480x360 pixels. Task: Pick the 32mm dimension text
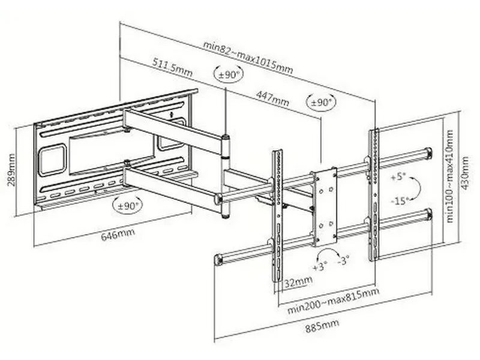click(298, 281)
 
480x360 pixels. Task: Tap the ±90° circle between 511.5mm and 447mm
click(228, 74)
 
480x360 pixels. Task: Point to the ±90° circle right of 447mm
click(322, 103)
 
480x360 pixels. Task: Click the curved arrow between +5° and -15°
click(416, 188)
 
